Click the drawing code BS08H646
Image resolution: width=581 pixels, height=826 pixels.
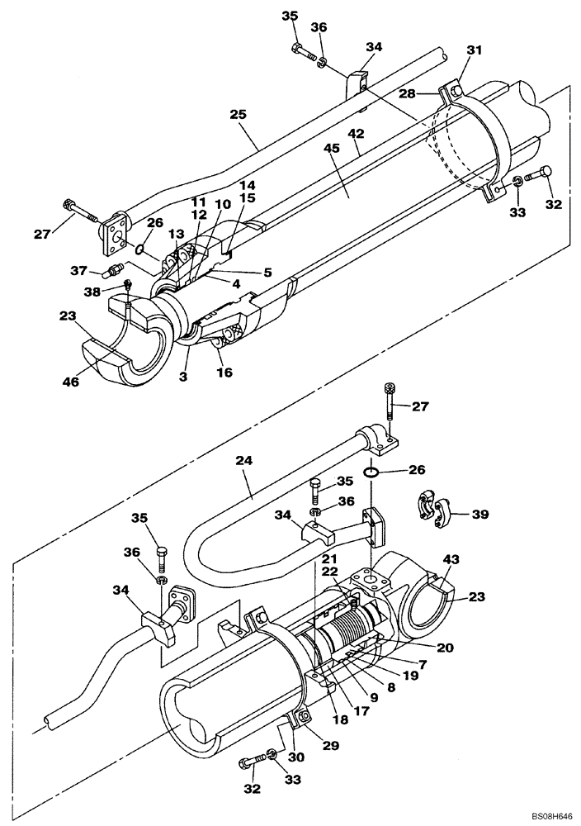(546, 814)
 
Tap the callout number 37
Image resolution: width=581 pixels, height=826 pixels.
(78, 270)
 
